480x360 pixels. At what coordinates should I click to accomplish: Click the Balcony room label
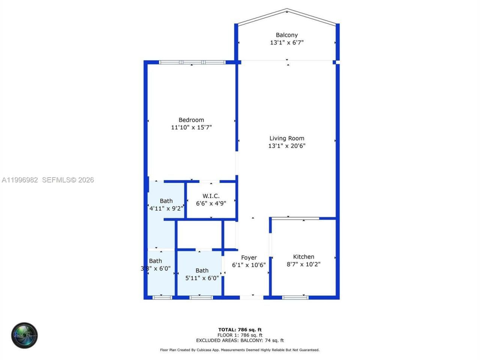click(286, 35)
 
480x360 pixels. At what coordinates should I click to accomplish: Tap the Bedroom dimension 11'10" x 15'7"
click(191, 127)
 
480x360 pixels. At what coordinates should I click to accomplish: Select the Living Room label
click(286, 138)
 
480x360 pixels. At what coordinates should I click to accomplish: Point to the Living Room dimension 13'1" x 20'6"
click(286, 146)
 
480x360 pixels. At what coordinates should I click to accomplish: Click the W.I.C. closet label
click(211, 196)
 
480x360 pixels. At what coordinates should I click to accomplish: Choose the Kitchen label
click(303, 257)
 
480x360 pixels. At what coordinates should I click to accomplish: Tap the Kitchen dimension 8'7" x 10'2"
click(303, 264)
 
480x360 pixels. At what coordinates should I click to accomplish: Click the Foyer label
click(249, 258)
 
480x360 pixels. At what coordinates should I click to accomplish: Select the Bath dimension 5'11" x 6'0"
click(202, 278)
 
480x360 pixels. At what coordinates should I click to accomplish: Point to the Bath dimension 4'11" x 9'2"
click(166, 208)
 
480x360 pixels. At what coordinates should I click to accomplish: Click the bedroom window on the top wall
click(192, 62)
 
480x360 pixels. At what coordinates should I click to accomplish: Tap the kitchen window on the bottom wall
click(295, 297)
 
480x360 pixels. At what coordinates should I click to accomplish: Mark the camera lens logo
click(24, 335)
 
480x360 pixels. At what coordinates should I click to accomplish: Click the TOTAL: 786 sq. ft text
click(240, 330)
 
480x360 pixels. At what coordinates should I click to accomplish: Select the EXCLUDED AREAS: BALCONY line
click(240, 340)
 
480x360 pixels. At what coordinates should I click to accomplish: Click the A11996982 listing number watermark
click(19, 180)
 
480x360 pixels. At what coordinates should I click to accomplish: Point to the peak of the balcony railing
click(287, 10)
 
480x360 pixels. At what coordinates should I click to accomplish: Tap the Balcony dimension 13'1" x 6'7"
click(286, 42)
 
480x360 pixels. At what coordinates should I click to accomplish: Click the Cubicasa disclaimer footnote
click(240, 350)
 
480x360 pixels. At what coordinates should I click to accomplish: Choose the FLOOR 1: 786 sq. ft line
click(240, 335)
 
